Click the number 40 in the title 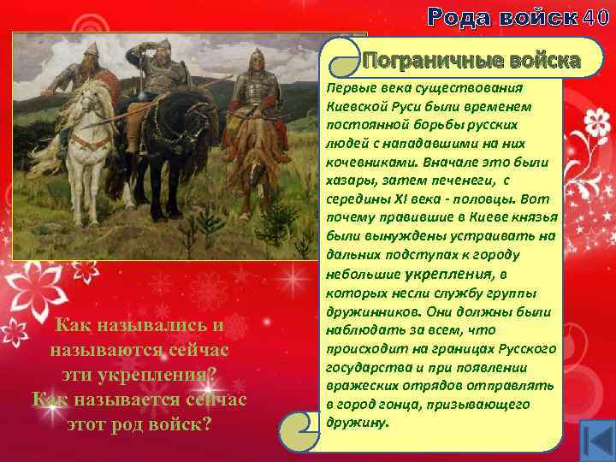click(595, 15)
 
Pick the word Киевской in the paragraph click(354, 106)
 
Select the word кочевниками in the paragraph click(363, 162)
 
